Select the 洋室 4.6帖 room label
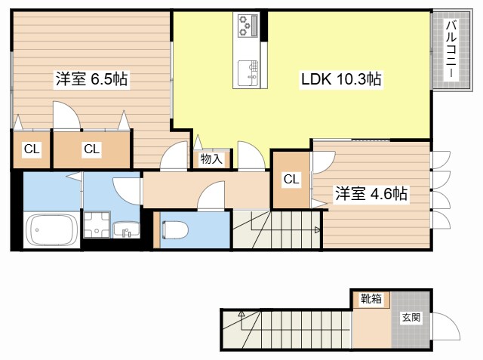pos(371,194)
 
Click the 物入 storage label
pos(211,158)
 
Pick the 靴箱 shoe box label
pos(371,299)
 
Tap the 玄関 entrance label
pos(411,317)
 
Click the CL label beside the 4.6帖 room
pos(291,179)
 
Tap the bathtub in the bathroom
pos(49,229)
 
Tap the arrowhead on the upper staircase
pos(318,229)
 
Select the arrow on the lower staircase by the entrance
pos(241,313)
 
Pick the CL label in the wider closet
pos(91,149)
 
